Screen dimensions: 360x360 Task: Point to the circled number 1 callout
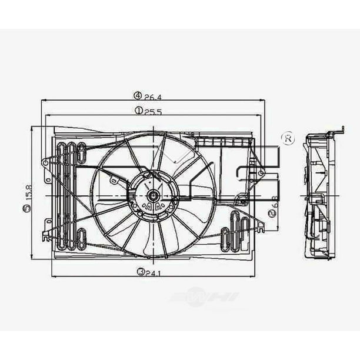[x=136, y=110]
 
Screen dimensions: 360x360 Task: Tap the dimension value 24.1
[x=153, y=271]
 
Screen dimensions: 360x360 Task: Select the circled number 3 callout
[x=140, y=271]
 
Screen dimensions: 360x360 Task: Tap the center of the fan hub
[x=153, y=195]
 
